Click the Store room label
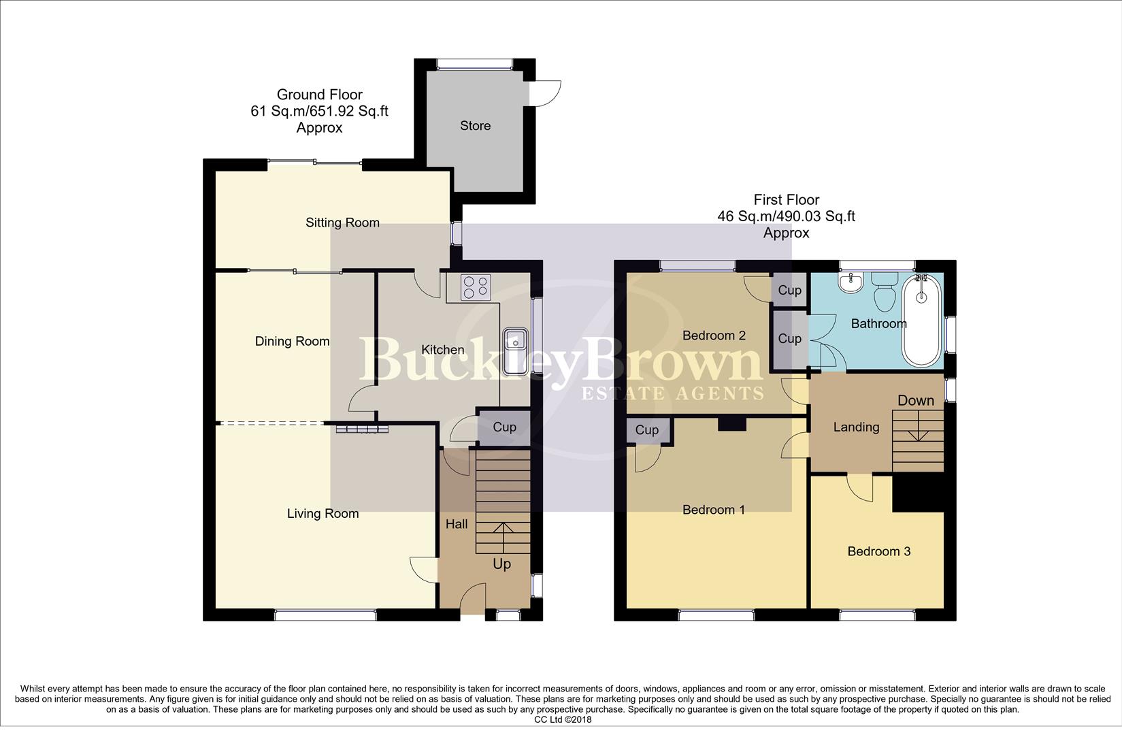(x=475, y=126)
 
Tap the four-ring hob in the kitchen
(x=476, y=287)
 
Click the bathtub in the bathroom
(x=921, y=320)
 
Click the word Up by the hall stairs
(x=501, y=564)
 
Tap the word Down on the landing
(x=915, y=400)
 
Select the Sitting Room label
(x=342, y=223)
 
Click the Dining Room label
(x=292, y=342)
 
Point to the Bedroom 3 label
(x=878, y=551)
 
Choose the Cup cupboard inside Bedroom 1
(x=646, y=430)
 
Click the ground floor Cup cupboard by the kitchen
(x=504, y=427)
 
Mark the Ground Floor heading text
(x=319, y=95)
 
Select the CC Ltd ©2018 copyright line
(x=563, y=719)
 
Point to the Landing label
(x=856, y=427)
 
